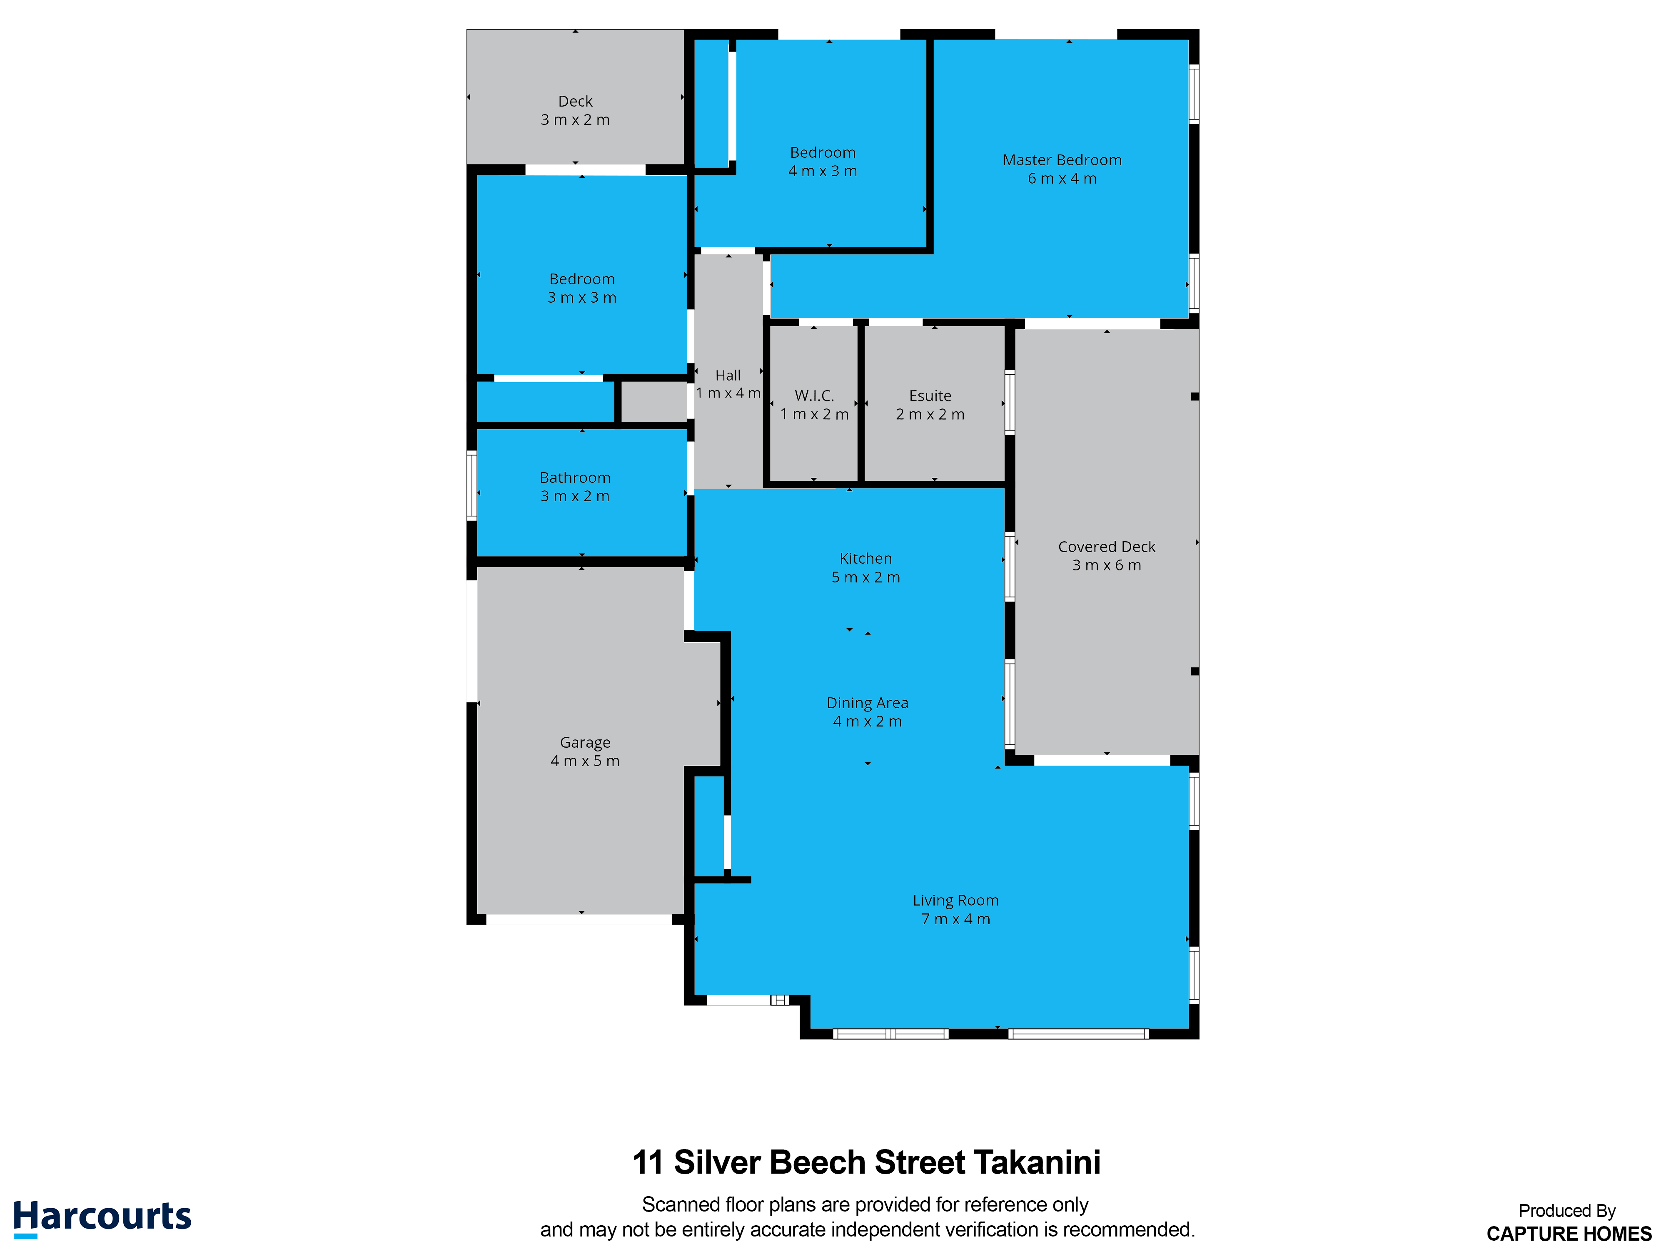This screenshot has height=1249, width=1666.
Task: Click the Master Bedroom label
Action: click(x=1062, y=160)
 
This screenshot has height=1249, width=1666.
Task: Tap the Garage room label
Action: click(x=585, y=743)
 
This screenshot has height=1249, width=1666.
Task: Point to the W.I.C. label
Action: click(x=814, y=396)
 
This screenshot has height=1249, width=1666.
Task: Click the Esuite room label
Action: click(x=930, y=396)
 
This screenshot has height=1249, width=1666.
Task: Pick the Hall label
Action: click(x=728, y=376)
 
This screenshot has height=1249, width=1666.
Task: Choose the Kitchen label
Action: click(x=865, y=559)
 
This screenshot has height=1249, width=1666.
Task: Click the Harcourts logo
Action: click(x=102, y=1217)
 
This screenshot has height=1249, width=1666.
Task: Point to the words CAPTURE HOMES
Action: click(x=1569, y=1234)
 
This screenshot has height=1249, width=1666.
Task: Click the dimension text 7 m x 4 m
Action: click(x=956, y=919)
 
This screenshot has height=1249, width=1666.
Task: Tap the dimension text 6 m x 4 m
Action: click(x=1062, y=179)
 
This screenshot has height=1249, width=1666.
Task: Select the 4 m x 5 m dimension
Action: click(x=585, y=761)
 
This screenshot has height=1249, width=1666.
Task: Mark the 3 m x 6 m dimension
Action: click(x=1106, y=565)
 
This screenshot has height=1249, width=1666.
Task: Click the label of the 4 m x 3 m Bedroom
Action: click(x=823, y=153)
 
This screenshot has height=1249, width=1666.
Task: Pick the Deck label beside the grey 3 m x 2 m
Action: click(x=576, y=102)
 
